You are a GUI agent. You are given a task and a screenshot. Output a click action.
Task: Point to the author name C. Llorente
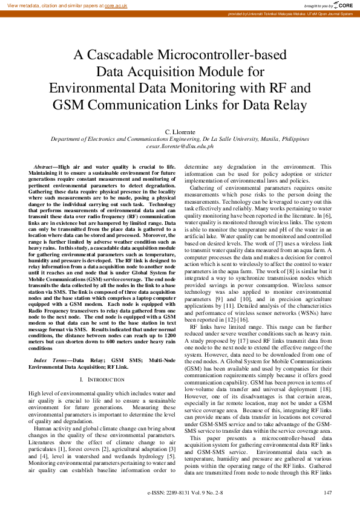[180, 131]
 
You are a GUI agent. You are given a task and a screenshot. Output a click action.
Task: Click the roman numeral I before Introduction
[81, 379]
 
